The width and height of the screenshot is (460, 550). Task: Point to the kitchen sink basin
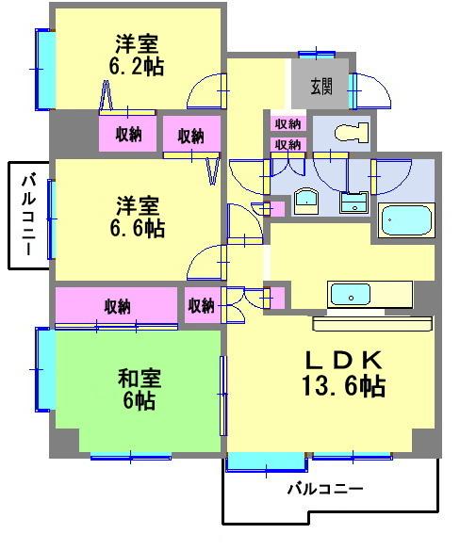pyautogui.click(x=351, y=294)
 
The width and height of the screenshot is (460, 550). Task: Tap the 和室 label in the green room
pyautogui.click(x=140, y=379)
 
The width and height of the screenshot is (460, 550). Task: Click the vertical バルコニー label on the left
pyautogui.click(x=29, y=215)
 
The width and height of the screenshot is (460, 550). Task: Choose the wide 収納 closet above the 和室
pyautogui.click(x=117, y=307)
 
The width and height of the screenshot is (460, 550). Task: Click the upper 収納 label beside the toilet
pyautogui.click(x=287, y=124)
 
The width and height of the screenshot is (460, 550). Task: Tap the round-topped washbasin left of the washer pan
pyautogui.click(x=305, y=201)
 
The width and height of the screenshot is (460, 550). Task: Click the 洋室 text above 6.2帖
pyautogui.click(x=137, y=43)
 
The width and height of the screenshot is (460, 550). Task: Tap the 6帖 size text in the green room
pyautogui.click(x=140, y=402)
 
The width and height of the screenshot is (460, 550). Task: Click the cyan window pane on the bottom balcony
pyautogui.click(x=266, y=462)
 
